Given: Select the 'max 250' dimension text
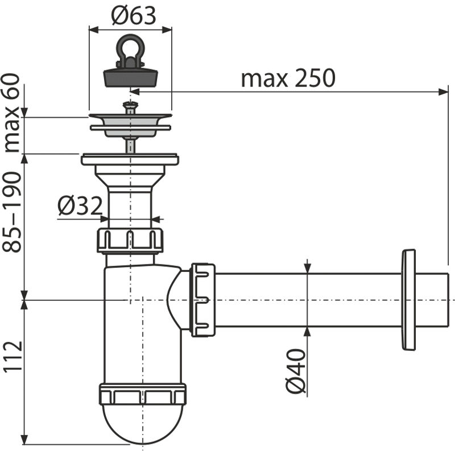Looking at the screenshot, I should click(x=288, y=78).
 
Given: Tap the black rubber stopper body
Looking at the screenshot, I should click(x=130, y=76).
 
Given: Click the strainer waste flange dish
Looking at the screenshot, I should click(x=130, y=122).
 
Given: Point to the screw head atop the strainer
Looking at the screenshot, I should click(x=131, y=105).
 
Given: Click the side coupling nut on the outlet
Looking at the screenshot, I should click(x=202, y=300).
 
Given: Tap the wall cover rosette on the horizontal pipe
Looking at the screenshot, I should click(x=408, y=299).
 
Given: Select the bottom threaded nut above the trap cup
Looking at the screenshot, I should click(x=142, y=394).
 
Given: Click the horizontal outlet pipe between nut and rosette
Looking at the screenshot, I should click(x=307, y=300).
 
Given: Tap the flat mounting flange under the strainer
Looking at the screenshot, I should click(x=130, y=159).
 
